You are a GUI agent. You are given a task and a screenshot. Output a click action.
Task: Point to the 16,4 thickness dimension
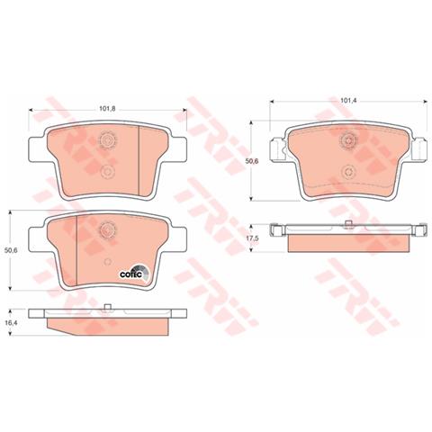[x=12, y=321]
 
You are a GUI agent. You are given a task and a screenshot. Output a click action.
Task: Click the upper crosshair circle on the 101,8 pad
[x=107, y=140]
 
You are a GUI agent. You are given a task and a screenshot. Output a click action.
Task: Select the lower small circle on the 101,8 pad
[x=107, y=171]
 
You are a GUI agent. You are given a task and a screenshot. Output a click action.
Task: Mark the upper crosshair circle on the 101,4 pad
[x=348, y=140]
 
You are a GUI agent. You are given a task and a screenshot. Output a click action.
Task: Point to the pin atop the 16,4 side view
[x=107, y=309]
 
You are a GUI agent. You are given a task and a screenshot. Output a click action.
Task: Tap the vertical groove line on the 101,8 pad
[x=137, y=153]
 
